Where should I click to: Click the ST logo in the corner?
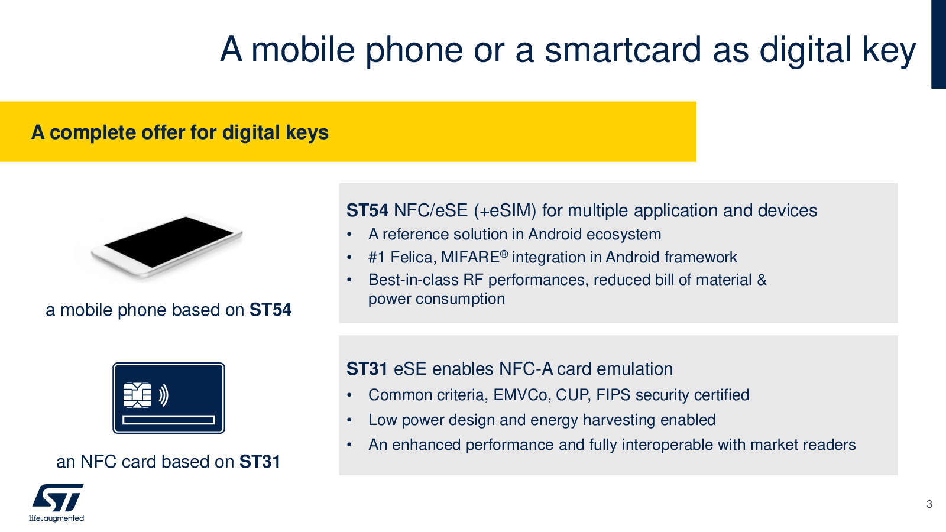point(58,498)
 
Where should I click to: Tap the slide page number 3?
point(929,504)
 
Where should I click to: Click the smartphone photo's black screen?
point(169,242)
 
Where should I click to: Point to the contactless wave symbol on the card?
point(164,395)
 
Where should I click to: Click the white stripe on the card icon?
point(169,420)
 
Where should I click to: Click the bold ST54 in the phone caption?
point(270,310)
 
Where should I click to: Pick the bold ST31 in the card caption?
point(260,462)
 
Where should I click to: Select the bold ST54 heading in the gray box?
point(367,210)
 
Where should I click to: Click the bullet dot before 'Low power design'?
point(349,420)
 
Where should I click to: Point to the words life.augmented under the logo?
point(56,518)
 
